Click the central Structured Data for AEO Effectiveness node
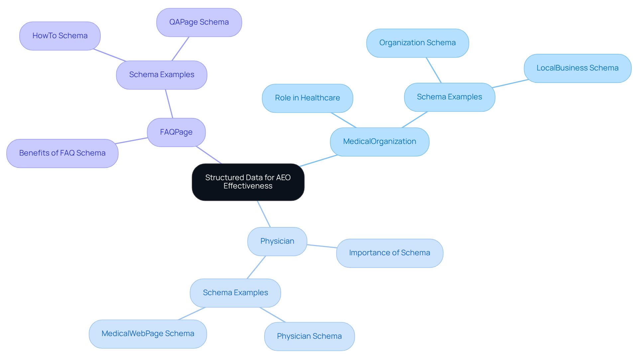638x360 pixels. coord(248,182)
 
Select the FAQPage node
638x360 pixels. coord(176,132)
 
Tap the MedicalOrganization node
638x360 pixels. coord(379,142)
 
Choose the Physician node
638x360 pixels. coord(277,241)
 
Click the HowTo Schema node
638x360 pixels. coord(60,36)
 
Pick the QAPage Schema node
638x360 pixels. coord(199,22)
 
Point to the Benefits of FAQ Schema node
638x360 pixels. coord(62,153)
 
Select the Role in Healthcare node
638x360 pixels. coord(307,98)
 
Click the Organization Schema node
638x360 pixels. coord(417,43)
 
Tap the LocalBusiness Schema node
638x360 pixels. coord(578,68)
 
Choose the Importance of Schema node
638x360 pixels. coord(389,253)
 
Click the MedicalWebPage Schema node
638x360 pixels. coord(148,334)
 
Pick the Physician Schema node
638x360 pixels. coord(309,336)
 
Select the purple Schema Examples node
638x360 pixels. coord(161,75)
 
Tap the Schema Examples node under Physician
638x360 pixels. coord(235,293)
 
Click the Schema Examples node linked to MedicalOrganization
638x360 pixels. coord(449,97)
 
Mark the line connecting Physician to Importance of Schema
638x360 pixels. coord(322,246)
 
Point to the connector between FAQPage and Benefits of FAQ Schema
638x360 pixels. coord(132,141)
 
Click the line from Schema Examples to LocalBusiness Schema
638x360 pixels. coord(510,83)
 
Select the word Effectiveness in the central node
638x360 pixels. coord(248,186)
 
